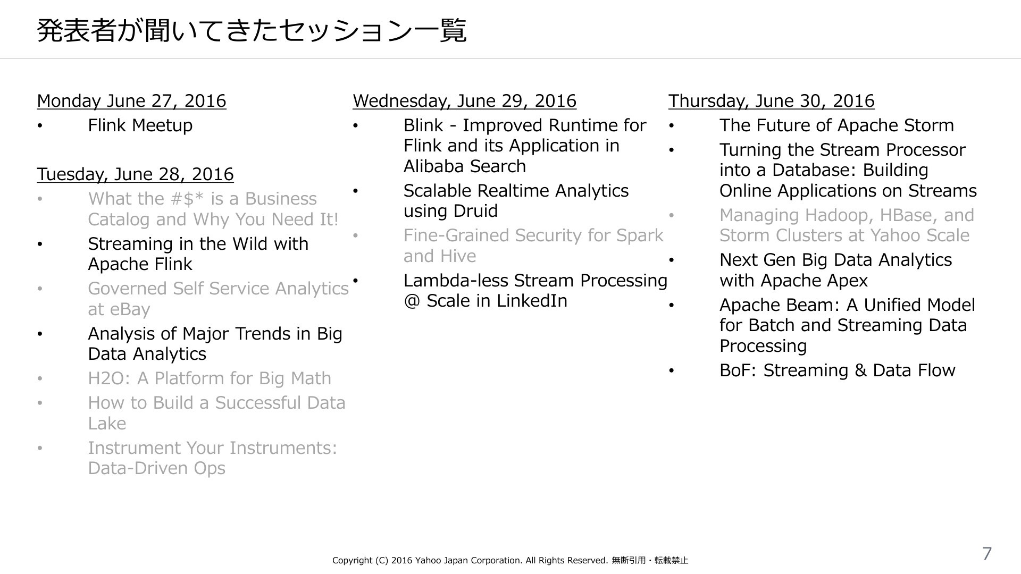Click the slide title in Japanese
(252, 31)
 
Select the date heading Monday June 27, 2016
(131, 101)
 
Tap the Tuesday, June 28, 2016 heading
(135, 174)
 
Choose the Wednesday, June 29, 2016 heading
(464, 101)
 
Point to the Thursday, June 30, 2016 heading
(771, 101)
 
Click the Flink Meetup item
(140, 125)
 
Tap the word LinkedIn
(531, 301)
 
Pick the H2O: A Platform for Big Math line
(210, 378)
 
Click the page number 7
(987, 553)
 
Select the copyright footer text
(510, 560)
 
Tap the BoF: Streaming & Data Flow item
(837, 370)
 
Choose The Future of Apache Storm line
(836, 125)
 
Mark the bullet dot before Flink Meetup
(40, 126)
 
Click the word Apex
(846, 281)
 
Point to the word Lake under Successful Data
(107, 424)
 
